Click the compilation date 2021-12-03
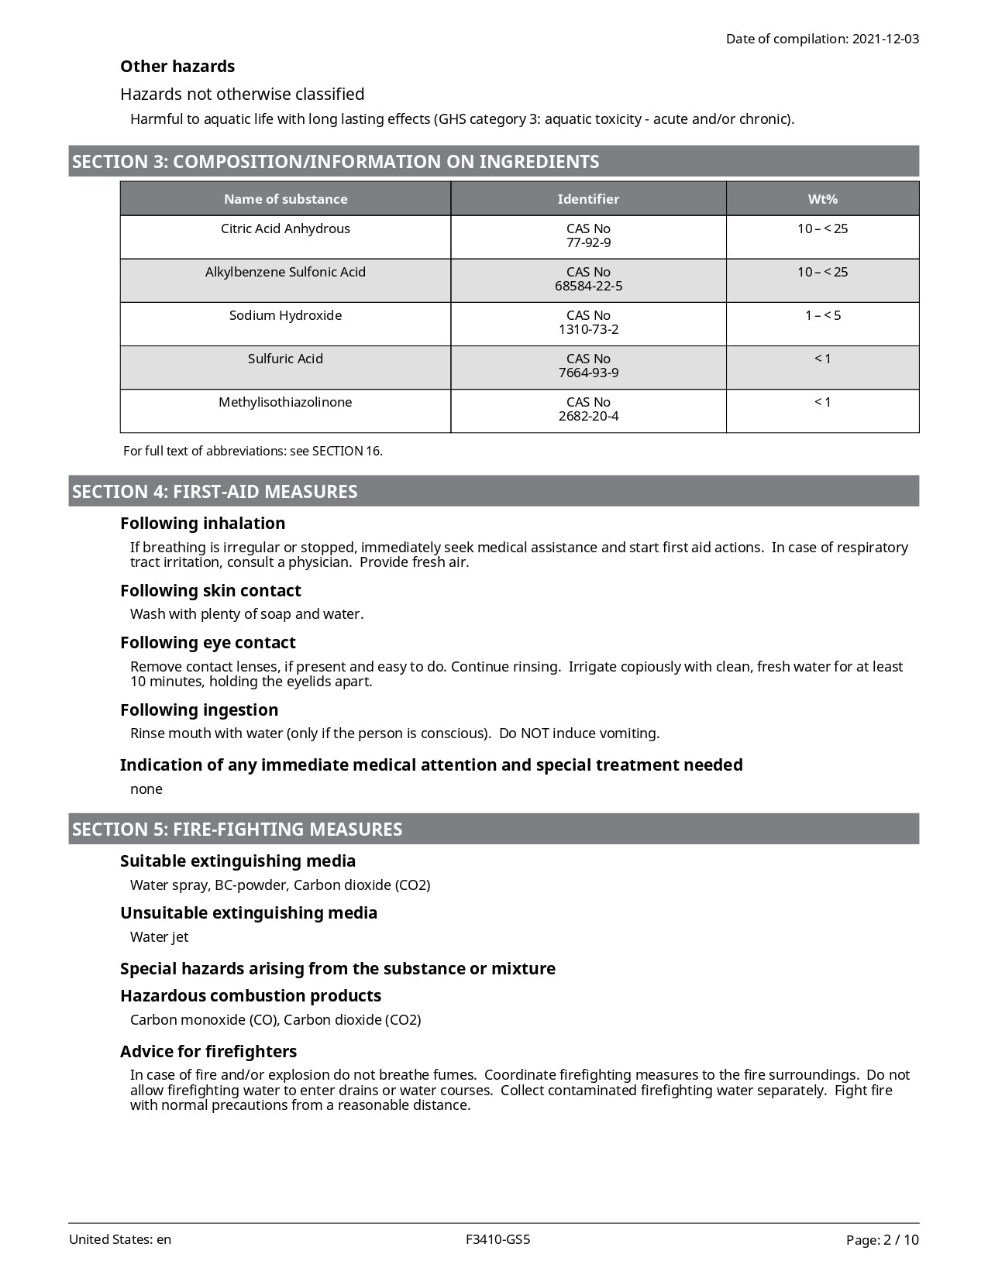(x=885, y=39)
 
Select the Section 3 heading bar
(x=493, y=161)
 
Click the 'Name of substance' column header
(x=285, y=199)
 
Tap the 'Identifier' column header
(x=588, y=199)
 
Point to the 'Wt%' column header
(x=822, y=199)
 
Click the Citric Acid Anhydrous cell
(x=285, y=228)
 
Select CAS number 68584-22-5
(x=588, y=286)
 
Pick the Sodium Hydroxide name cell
(x=285, y=315)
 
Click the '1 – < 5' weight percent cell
(x=822, y=315)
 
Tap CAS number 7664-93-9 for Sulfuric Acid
(x=588, y=373)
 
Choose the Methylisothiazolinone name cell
(x=285, y=402)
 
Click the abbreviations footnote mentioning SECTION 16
(x=253, y=451)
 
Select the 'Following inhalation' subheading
(x=202, y=523)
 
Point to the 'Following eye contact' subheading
(x=208, y=642)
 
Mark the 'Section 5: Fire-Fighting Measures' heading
(x=237, y=829)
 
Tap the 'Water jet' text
(x=159, y=936)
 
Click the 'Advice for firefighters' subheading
(x=208, y=1051)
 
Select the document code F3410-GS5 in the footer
(x=498, y=1239)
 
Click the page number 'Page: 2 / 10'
(x=882, y=1240)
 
